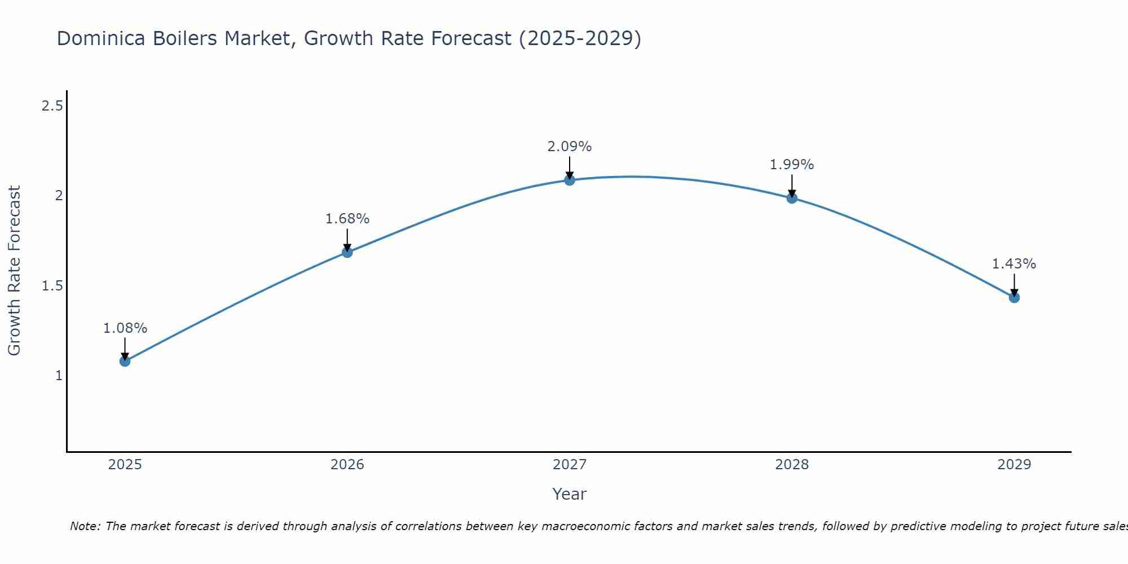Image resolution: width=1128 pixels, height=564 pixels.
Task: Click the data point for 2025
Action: pyautogui.click(x=125, y=361)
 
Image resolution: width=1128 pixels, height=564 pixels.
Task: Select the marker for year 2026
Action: pyautogui.click(x=347, y=252)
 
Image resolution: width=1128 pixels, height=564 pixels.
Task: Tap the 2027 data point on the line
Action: pyautogui.click(x=570, y=180)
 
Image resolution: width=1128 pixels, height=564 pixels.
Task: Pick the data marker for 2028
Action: pyautogui.click(x=792, y=198)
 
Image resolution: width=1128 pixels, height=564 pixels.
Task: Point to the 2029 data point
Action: pyautogui.click(x=1014, y=297)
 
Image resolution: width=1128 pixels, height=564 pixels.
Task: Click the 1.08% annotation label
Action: pyautogui.click(x=125, y=328)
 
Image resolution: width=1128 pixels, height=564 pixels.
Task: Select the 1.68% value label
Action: pyautogui.click(x=347, y=219)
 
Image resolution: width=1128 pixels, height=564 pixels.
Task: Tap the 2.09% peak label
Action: pyautogui.click(x=570, y=147)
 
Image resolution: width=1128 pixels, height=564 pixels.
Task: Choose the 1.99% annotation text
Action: pyautogui.click(x=792, y=165)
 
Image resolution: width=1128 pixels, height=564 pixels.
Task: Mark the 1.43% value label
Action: pyautogui.click(x=1014, y=264)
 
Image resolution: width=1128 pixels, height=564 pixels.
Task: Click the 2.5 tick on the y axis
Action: pyautogui.click(x=52, y=105)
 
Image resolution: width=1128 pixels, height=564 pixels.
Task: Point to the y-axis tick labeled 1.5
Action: pyautogui.click(x=52, y=286)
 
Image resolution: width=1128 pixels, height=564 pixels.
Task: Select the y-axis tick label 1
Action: pyautogui.click(x=59, y=376)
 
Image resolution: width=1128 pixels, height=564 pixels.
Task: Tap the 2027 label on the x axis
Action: pyautogui.click(x=570, y=465)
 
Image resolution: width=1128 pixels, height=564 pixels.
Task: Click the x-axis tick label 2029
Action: pyautogui.click(x=1014, y=465)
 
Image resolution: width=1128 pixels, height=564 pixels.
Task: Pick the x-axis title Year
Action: pyautogui.click(x=570, y=494)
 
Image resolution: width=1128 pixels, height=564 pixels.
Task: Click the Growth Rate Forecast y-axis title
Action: pyautogui.click(x=15, y=271)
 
